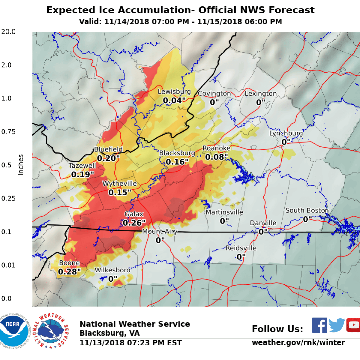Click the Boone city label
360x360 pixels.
pos(70,263)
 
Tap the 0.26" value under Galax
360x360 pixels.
pos(134,223)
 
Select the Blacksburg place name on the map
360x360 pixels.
pos(177,153)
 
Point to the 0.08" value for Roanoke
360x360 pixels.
pos(216,157)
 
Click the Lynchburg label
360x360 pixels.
pos(286,133)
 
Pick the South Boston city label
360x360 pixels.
pos(307,211)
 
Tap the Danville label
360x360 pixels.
pos(263,223)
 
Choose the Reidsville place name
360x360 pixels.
pos(241,248)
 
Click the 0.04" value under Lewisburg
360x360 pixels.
pos(174,101)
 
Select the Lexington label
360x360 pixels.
pos(260,94)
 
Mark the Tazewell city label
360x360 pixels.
pos(82,166)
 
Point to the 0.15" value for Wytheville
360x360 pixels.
pos(120,192)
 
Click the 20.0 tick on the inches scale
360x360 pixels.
pos(8,32)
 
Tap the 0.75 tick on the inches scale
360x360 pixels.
pos(8,132)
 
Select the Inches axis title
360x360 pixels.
pos(21,165)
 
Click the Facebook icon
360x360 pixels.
pos(319,325)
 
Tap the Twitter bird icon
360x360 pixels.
pos(336,325)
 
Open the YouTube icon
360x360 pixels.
pos(353,325)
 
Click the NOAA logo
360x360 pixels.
pos(14,330)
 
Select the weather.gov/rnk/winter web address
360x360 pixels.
pos(298,342)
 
